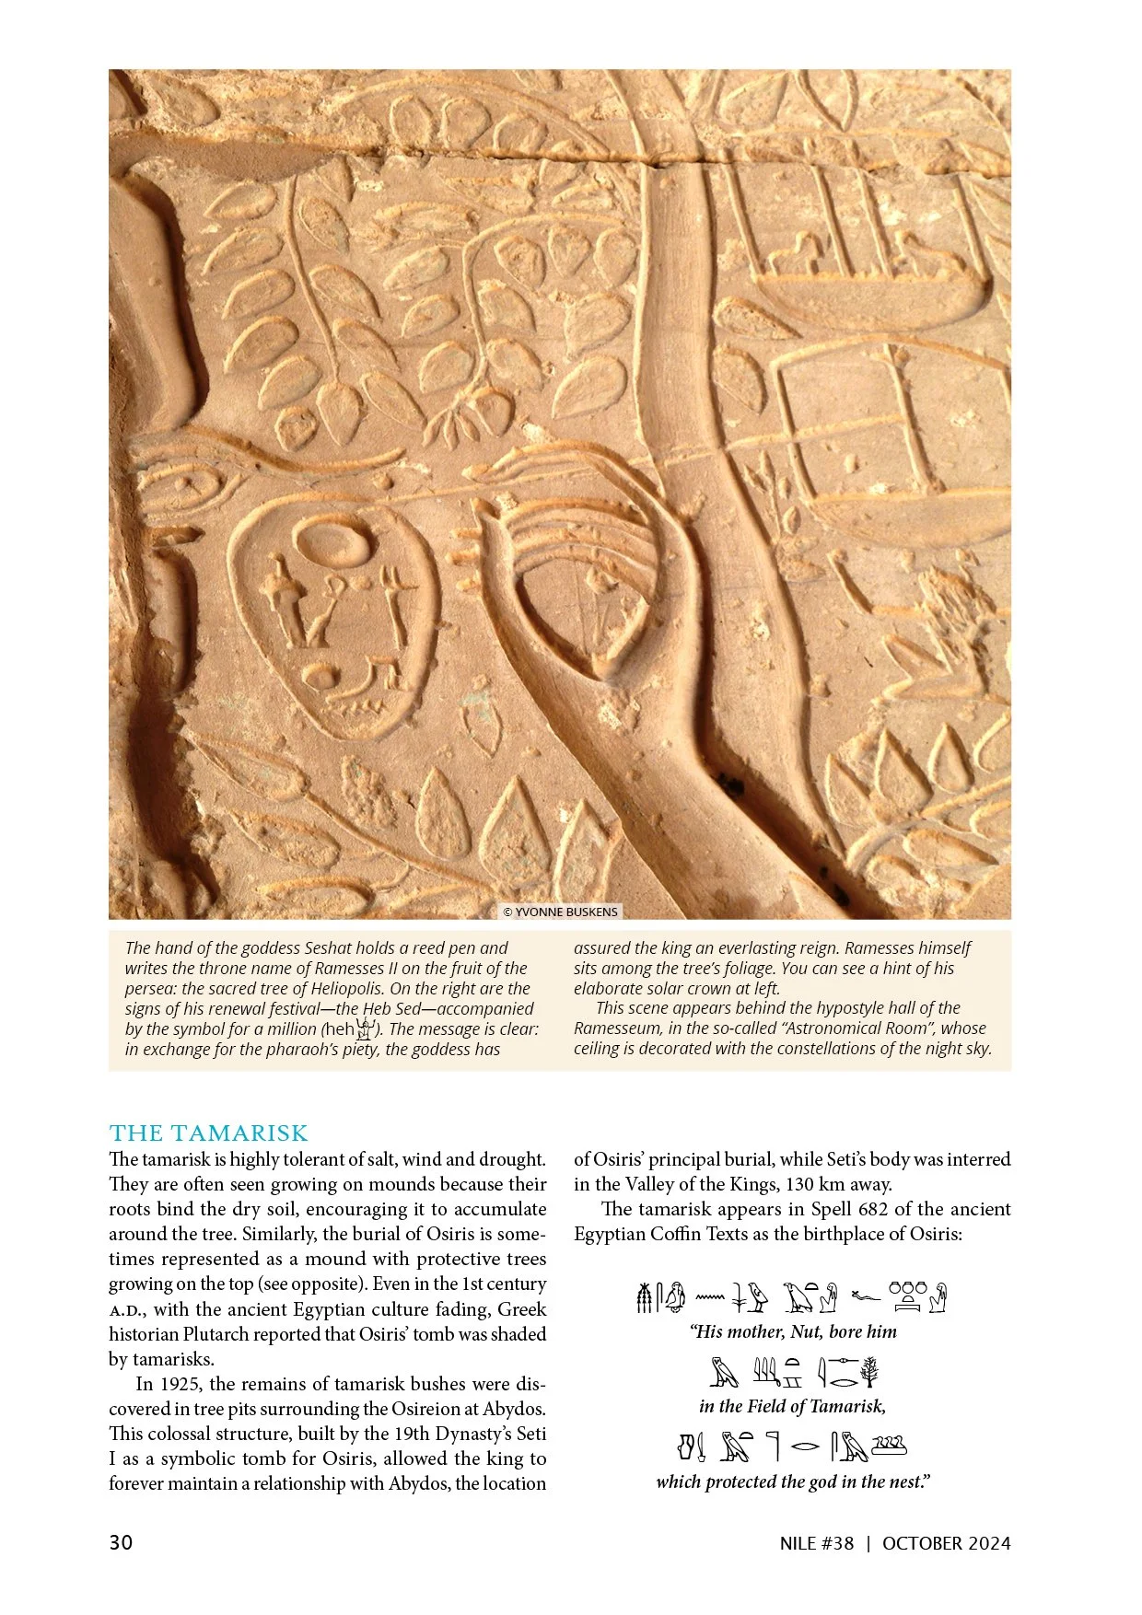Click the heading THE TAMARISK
[x=208, y=1133]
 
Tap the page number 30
[x=121, y=1543]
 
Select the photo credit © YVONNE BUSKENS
[x=561, y=912]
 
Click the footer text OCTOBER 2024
[x=946, y=1544]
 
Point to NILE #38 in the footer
[x=816, y=1544]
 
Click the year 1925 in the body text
[x=181, y=1384]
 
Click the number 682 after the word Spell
[x=873, y=1209]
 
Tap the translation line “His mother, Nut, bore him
[x=792, y=1331]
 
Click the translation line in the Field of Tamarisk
[x=792, y=1406]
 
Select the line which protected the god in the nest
[x=792, y=1481]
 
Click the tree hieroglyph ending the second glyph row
[x=869, y=1373]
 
